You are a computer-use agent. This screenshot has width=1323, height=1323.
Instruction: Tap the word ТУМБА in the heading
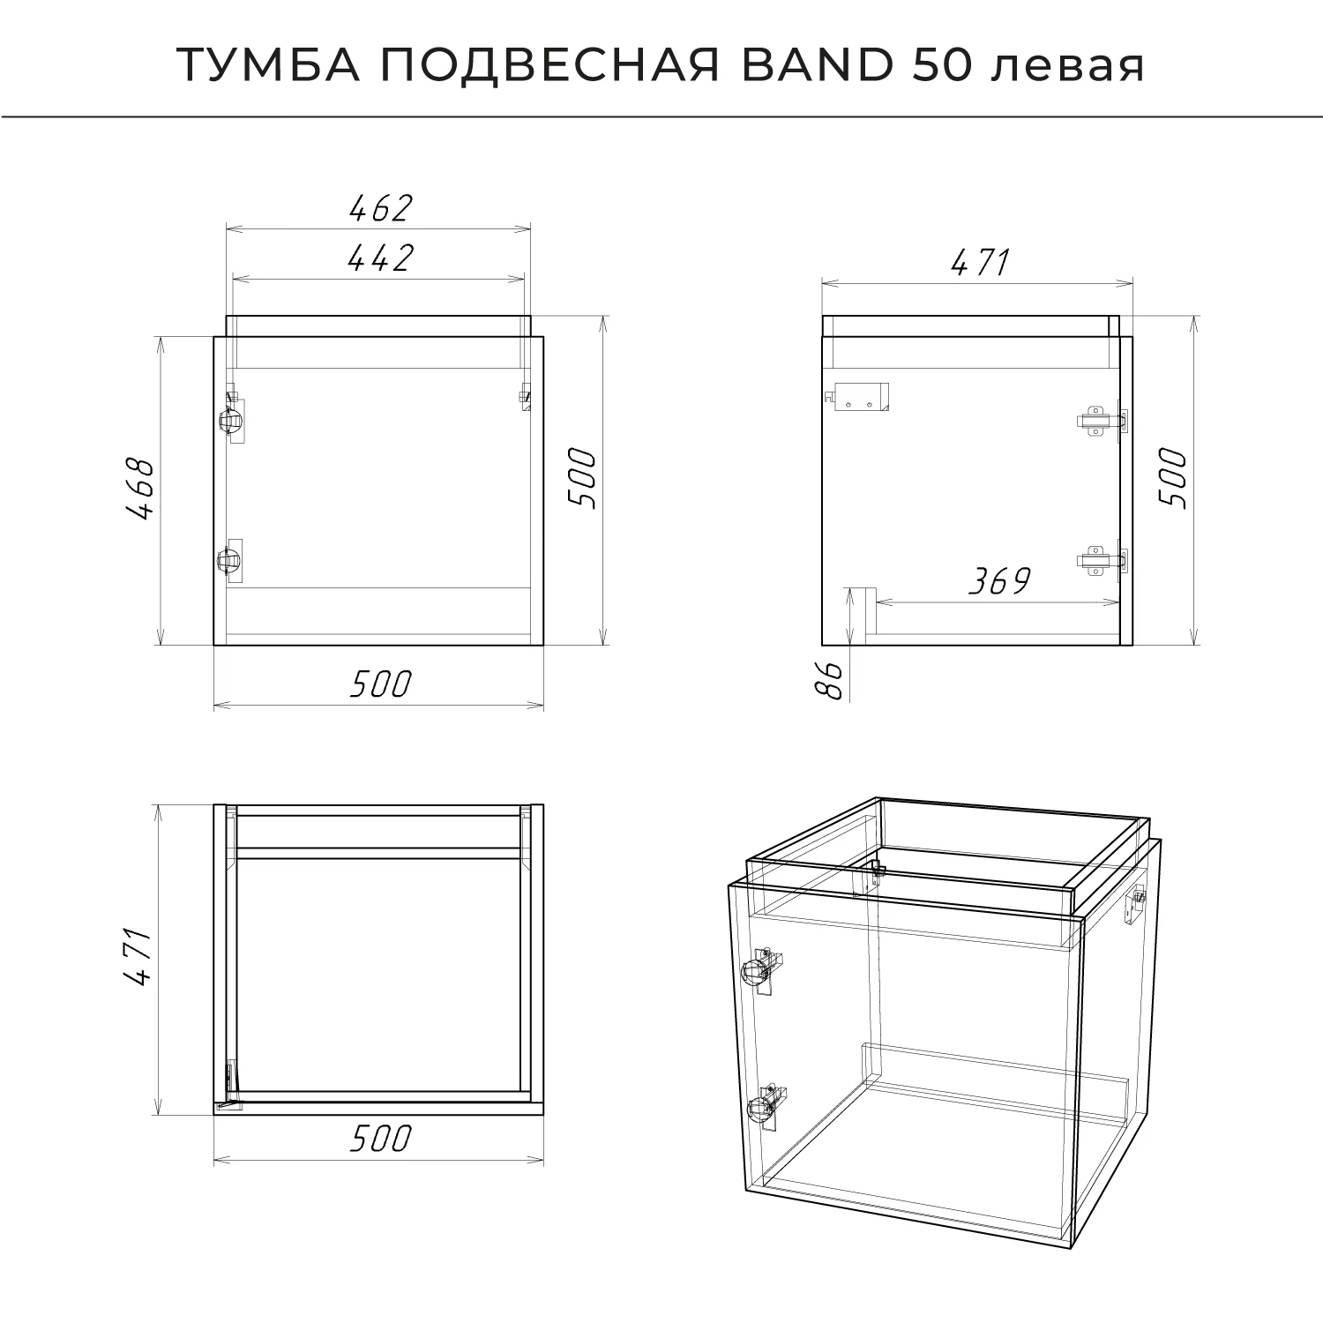pyautogui.click(x=269, y=66)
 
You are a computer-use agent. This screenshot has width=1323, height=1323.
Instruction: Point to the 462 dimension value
pyautogui.click(x=380, y=208)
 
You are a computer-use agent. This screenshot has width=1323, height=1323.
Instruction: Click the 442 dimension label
pyautogui.click(x=380, y=258)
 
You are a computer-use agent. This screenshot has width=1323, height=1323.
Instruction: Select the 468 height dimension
pyautogui.click(x=141, y=489)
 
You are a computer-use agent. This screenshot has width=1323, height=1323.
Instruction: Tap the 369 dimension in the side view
pyautogui.click(x=998, y=581)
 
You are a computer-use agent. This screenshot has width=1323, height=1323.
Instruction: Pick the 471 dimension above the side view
pyautogui.click(x=979, y=262)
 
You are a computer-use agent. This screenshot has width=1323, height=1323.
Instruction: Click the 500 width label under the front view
pyautogui.click(x=380, y=684)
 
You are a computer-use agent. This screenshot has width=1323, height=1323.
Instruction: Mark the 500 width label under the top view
pyautogui.click(x=380, y=1139)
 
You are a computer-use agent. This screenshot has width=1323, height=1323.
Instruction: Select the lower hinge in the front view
pyautogui.click(x=231, y=559)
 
